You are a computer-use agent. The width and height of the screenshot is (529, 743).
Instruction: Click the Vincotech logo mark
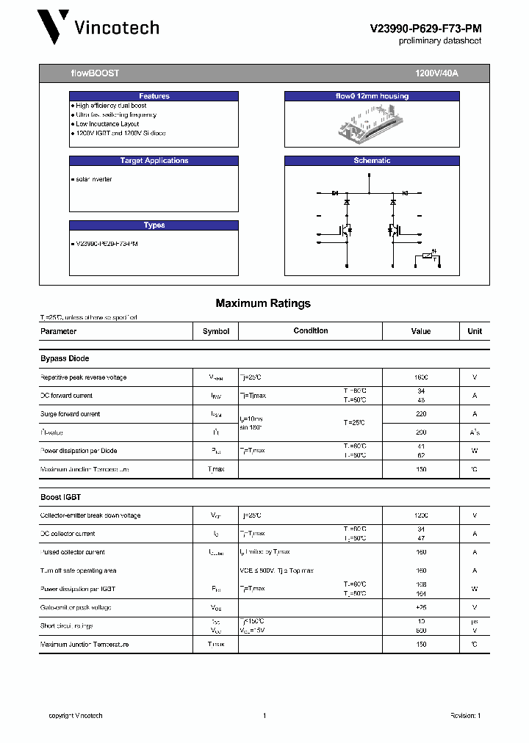(54, 28)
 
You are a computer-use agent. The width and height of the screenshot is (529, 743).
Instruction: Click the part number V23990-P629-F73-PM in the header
(425, 28)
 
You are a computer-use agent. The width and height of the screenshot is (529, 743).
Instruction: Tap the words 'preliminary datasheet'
(440, 41)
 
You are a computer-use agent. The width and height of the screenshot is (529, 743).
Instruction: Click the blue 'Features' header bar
(154, 96)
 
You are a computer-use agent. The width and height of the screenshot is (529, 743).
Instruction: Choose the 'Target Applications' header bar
(154, 161)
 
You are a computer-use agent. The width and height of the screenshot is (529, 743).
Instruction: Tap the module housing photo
(372, 121)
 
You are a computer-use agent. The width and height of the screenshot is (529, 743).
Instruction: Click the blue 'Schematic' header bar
(372, 161)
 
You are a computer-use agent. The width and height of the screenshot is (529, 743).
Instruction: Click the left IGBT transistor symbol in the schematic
(345, 230)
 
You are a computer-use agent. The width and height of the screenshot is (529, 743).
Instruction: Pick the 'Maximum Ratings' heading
(263, 303)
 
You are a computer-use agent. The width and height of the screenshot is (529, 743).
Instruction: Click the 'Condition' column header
(311, 331)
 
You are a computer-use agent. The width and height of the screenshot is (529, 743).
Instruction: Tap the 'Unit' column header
(475, 331)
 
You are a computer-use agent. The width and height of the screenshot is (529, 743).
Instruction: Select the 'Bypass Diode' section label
(65, 359)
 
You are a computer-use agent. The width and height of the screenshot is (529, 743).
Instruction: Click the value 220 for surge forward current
(421, 414)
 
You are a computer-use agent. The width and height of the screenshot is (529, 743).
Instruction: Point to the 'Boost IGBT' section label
(62, 497)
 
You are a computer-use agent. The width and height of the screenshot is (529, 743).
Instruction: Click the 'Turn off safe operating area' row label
(78, 570)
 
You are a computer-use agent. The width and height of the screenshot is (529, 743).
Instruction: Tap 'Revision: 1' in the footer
(465, 716)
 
